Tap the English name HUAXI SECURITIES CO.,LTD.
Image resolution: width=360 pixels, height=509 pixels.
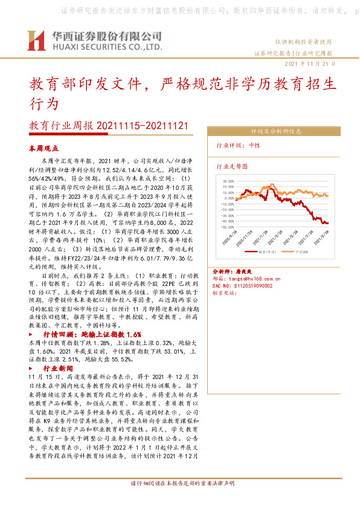tap(106, 47)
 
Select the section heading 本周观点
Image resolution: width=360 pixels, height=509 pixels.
tap(43, 148)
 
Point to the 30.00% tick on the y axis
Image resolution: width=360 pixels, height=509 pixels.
tap(228, 181)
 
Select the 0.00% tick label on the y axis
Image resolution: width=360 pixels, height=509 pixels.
tap(229, 198)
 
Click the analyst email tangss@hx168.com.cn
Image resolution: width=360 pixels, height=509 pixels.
tap(254, 279)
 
